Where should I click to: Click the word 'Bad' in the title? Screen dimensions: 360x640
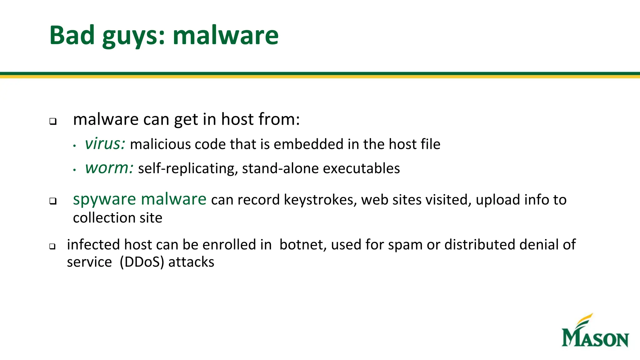[72, 35]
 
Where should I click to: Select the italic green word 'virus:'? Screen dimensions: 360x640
[105, 144]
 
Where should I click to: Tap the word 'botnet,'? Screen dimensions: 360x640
[303, 245]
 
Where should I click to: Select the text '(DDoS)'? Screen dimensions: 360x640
[142, 262]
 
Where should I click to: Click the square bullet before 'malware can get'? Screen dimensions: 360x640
[53, 121]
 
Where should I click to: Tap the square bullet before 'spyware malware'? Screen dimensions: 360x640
[53, 201]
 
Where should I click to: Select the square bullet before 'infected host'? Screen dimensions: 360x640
[52, 247]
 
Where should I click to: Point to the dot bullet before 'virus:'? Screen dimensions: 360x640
[74, 146]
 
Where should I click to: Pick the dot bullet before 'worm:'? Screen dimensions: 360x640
[74, 170]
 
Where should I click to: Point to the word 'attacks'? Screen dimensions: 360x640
[191, 262]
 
